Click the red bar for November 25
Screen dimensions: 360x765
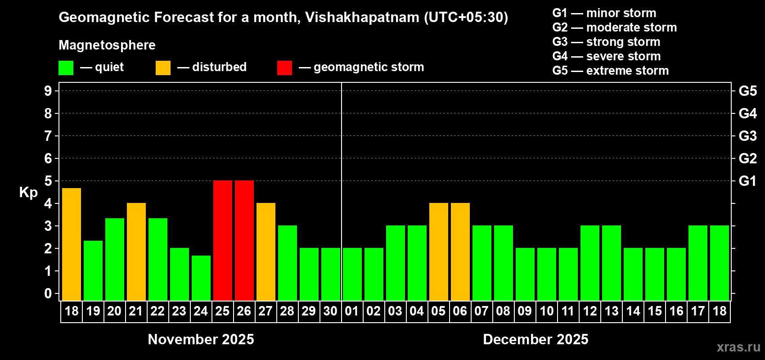point(223,240)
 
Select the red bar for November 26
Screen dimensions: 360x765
point(244,240)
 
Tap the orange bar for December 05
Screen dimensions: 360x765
point(439,252)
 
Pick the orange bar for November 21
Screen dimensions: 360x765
point(136,252)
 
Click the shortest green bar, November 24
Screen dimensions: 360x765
point(201,278)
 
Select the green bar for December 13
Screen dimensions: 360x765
point(612,263)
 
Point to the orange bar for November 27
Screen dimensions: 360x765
point(266,252)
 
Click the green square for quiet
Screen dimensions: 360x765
point(66,68)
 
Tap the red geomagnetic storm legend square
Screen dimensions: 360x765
point(284,68)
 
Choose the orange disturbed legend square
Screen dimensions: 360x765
point(163,68)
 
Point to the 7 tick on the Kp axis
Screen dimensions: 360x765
point(48,136)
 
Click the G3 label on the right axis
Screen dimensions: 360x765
point(747,136)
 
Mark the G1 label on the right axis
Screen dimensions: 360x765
point(747,181)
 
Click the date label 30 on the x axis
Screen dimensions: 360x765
point(330,311)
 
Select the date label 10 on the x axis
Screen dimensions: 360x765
point(547,311)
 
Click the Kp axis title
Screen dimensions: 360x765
point(28,192)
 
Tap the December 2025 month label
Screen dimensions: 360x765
point(535,339)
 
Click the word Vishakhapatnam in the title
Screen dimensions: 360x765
point(362,18)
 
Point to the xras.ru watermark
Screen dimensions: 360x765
point(738,347)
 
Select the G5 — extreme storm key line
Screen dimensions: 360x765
point(610,71)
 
